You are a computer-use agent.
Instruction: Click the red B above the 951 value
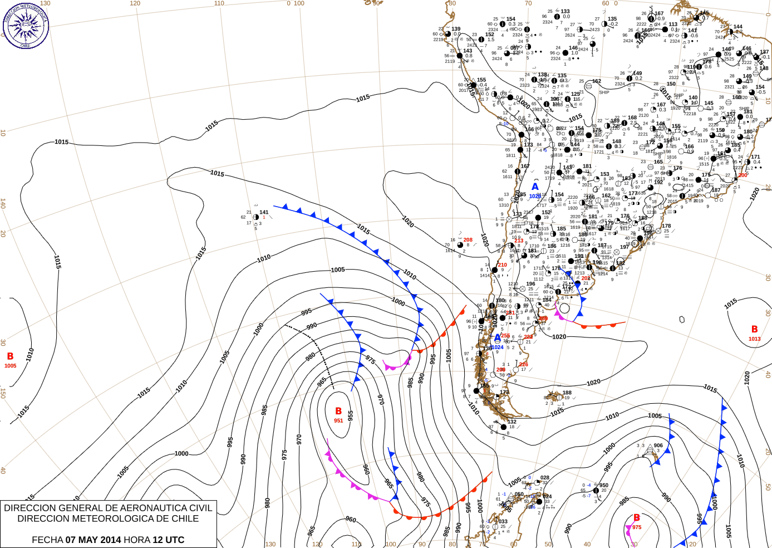[338, 412]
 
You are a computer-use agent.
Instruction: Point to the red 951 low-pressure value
[338, 420]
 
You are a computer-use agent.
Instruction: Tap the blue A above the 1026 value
[535, 187]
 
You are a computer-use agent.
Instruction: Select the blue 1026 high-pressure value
[535, 196]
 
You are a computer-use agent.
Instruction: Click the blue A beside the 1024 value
[498, 338]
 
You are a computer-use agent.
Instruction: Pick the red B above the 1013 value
[754, 330]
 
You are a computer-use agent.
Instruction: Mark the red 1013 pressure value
[754, 339]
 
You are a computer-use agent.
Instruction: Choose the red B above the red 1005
[10, 356]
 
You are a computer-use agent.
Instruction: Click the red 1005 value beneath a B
[10, 366]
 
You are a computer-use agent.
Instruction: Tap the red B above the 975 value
[637, 518]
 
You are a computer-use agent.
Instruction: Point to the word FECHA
[47, 540]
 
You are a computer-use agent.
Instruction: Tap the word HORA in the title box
[137, 540]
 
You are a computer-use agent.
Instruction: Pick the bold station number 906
[658, 446]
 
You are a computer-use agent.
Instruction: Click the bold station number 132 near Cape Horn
[512, 422]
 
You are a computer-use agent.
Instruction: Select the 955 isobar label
[351, 415]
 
